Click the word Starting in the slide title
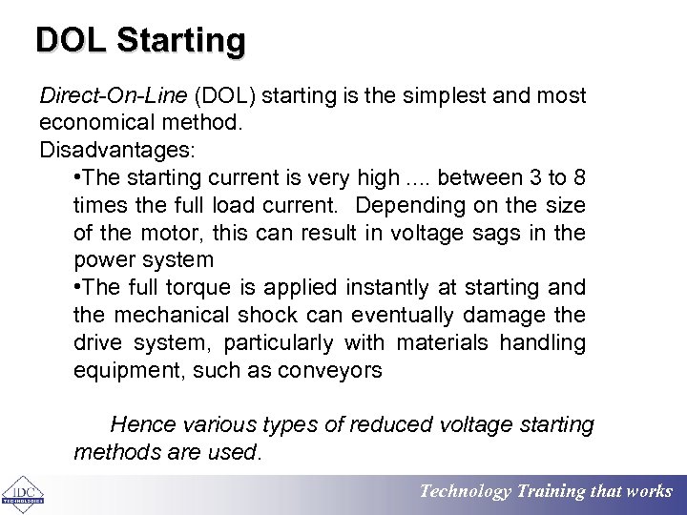click(182, 40)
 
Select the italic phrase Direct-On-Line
click(114, 96)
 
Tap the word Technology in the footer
click(466, 492)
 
